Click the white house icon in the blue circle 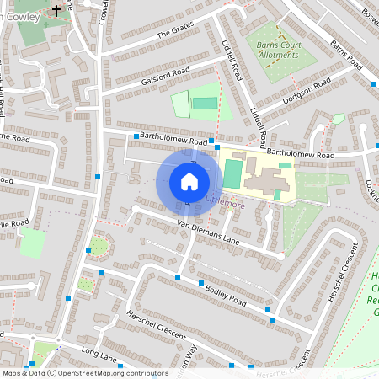189,182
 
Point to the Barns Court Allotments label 277,49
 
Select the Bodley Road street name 225,295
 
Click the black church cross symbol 56,11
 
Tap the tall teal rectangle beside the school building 232,174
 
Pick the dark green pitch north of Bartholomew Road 204,104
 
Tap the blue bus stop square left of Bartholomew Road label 136,135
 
